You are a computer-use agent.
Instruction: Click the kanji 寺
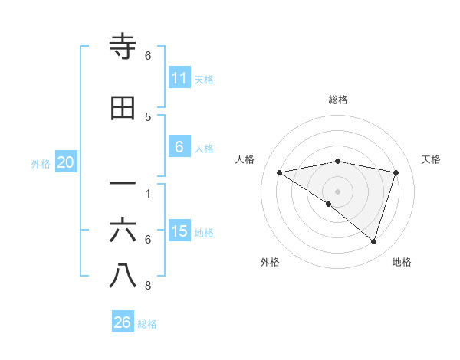point(123,48)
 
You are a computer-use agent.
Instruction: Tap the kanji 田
point(123,109)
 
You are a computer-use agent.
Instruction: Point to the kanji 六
point(123,230)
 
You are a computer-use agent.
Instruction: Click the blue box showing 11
point(179,78)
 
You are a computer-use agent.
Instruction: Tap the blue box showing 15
point(179,231)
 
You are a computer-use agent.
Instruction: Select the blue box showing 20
point(66,162)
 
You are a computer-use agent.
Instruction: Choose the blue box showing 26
point(123,322)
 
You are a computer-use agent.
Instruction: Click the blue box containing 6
point(179,147)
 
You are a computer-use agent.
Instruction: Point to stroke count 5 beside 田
point(148,117)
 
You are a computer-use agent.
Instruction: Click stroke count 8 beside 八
point(148,286)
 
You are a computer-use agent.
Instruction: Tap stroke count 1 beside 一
point(148,193)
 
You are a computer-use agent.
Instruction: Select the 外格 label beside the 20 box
point(41,163)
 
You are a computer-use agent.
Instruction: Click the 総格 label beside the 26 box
point(147,324)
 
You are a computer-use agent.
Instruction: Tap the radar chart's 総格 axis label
point(338,100)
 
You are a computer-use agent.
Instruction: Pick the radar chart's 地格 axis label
point(402,262)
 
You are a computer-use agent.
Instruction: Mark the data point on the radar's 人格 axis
point(280,172)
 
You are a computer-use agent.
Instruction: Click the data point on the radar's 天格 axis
point(396,172)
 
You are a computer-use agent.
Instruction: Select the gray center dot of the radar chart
point(338,191)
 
